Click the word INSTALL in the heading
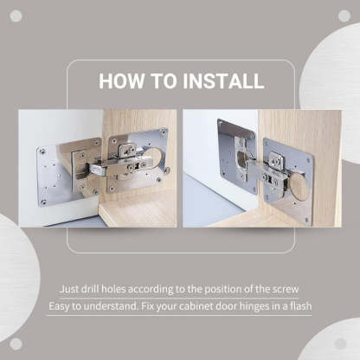[x=222, y=82]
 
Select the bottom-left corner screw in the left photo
[x=43, y=202]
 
